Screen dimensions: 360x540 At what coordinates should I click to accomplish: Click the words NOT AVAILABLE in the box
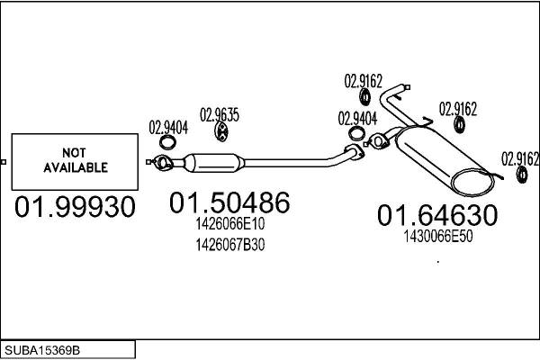tap(75, 159)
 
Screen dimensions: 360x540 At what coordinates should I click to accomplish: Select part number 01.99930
tap(75, 207)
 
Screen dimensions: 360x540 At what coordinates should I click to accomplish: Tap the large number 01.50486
tap(229, 203)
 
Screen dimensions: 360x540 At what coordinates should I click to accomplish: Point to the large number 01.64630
tap(436, 215)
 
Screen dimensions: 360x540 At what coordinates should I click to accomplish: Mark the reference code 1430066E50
tap(437, 236)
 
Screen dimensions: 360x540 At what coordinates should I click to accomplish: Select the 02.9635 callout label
tap(220, 114)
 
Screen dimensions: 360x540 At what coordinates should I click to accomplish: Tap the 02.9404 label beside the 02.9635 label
tap(168, 127)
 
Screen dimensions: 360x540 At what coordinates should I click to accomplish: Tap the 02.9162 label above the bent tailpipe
tap(364, 79)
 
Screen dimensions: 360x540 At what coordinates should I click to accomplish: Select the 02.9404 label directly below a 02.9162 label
tap(357, 118)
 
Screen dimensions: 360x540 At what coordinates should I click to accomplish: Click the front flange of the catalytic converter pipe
tap(162, 163)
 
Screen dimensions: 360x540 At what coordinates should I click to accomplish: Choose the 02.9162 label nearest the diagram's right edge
tap(519, 157)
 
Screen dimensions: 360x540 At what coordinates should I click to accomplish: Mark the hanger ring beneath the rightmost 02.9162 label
tap(519, 173)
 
